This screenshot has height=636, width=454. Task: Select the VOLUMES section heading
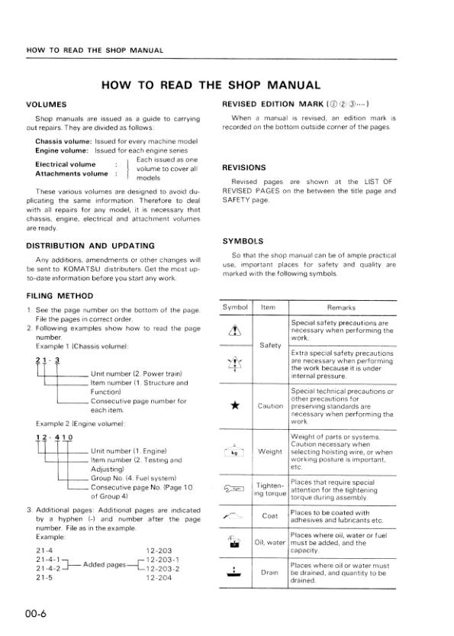47,103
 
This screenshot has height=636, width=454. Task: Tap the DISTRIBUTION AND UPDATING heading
90,246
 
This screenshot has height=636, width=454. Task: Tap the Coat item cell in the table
269,515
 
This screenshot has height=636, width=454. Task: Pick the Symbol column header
234,307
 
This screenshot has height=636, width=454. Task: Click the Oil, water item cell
269,543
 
